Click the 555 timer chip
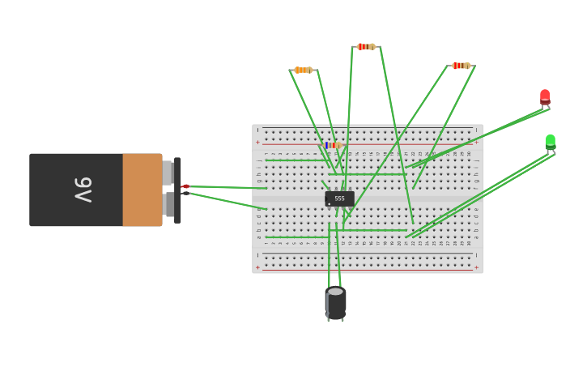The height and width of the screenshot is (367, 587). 339,198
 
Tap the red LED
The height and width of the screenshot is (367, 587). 545,97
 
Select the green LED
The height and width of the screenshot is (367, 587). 551,142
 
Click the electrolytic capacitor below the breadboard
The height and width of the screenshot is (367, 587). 335,302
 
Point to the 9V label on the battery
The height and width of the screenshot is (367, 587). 83,190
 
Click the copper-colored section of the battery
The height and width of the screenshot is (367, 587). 142,190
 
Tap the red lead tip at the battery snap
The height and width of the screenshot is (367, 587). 185,186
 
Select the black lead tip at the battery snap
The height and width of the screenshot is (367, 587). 185,193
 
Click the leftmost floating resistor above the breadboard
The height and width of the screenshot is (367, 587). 303,70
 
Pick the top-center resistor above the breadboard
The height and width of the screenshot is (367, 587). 365,47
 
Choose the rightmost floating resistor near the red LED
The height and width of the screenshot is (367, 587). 461,66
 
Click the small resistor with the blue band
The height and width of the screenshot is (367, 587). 332,146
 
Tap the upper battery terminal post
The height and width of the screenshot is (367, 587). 168,173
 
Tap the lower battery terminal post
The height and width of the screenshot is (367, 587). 168,204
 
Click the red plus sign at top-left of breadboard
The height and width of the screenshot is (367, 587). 258,143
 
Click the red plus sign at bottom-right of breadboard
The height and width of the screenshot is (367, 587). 476,267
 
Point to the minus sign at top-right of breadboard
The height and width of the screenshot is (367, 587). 476,130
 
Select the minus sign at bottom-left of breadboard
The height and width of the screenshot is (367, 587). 258,255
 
